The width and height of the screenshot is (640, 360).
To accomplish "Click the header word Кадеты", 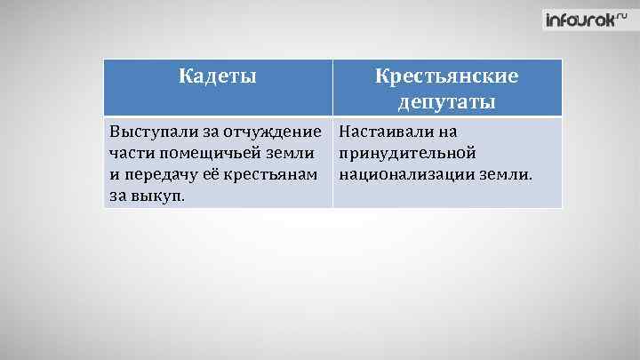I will pos(218,76).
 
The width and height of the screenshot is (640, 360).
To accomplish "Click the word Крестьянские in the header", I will pos(447,76).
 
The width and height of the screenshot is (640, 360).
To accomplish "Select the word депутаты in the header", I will pos(447,102).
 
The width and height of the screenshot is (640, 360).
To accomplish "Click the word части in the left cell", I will pos(130,153).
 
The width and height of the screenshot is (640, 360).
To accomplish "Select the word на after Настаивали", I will pos(447,132).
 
